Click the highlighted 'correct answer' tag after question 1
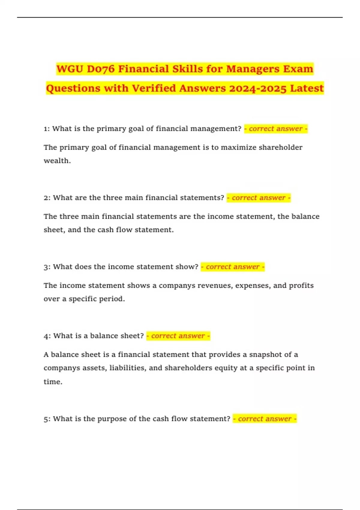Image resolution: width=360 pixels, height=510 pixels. click(276, 129)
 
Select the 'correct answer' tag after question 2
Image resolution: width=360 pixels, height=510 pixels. click(259, 198)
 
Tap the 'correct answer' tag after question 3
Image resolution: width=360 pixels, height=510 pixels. click(232, 267)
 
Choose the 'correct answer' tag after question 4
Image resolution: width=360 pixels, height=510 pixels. click(178, 336)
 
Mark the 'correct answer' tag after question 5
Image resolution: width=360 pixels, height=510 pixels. click(265, 419)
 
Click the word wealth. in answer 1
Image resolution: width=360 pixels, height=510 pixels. click(57, 161)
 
